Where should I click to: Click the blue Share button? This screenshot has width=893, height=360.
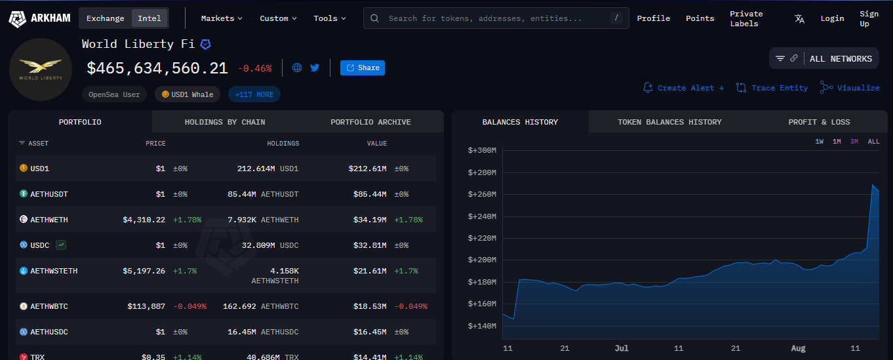pos(363,68)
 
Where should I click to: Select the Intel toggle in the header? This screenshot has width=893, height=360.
pos(149,18)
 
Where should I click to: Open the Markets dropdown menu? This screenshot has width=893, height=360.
pos(222,18)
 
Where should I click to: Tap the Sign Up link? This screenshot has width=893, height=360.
pos(869,18)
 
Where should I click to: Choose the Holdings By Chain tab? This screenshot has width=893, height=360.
pos(225,122)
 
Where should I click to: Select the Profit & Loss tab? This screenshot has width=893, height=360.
pos(819,122)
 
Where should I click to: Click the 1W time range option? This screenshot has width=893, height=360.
pos(820,142)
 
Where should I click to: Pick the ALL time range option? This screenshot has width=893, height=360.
pos(873,142)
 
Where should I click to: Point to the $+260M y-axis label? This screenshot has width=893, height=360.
pos(482,194)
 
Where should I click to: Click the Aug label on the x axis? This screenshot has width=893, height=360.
pos(798,348)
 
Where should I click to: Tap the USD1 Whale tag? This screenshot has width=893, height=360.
pos(188,94)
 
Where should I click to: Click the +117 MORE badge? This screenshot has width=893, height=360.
pos(254,94)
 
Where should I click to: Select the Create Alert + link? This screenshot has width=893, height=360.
pos(684,88)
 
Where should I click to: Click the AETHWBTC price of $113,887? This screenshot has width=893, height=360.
pos(146,306)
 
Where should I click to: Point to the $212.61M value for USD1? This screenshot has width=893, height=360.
pos(367,169)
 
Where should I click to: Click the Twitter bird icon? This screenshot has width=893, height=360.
pos(315,68)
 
